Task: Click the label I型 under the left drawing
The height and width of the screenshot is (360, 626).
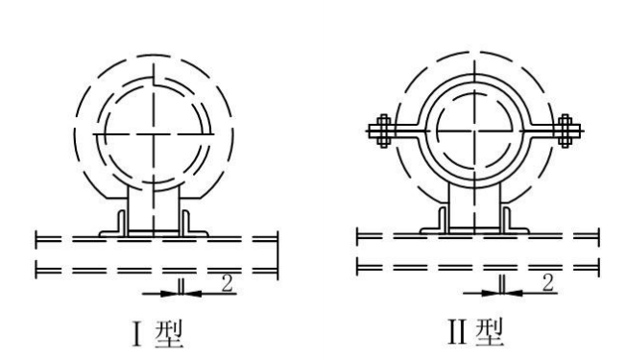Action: click(157, 334)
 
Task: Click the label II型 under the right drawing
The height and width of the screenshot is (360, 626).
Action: click(476, 331)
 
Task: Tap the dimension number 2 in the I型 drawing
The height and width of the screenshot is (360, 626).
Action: click(228, 284)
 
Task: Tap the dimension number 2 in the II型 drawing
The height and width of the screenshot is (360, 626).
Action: click(547, 283)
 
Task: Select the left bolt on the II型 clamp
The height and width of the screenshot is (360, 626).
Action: click(384, 131)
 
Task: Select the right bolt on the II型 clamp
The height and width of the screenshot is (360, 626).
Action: click(565, 131)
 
